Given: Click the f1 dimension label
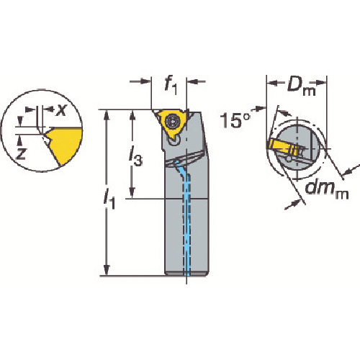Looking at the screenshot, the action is [x=171, y=86].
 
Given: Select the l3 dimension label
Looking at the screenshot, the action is [x=135, y=156].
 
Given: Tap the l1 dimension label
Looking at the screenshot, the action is [x=109, y=199].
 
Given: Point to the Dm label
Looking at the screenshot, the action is [x=302, y=86].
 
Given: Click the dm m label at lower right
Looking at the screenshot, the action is [x=327, y=189].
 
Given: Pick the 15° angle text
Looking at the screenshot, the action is [x=235, y=120].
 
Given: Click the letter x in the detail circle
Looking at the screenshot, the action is [x=60, y=110].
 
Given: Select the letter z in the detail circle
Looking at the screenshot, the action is [x=21, y=153].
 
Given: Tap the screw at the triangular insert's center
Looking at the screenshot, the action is [x=174, y=122].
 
